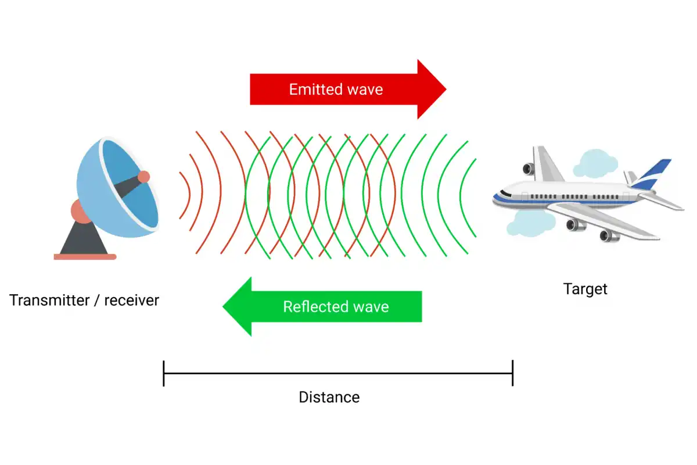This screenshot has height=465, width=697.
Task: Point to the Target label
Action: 585,289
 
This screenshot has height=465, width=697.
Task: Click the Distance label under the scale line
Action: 329,398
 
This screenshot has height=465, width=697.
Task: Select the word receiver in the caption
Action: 131,301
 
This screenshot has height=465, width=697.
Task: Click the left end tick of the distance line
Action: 164,373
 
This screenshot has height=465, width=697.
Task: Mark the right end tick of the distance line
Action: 512,373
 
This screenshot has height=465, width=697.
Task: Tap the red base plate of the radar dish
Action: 85,256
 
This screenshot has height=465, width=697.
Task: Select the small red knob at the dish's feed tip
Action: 143,177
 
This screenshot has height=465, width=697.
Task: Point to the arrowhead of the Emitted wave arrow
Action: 433,89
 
